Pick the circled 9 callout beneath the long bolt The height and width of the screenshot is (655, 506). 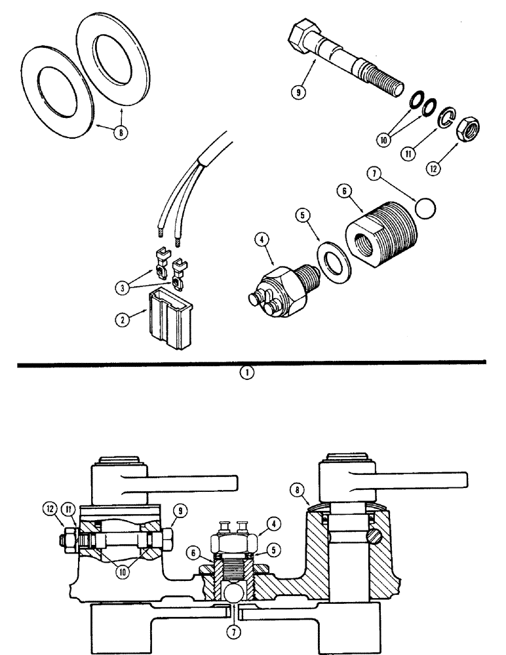click(300, 92)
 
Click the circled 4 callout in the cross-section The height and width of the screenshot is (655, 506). click(274, 523)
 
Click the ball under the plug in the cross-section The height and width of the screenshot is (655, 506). click(233, 593)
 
